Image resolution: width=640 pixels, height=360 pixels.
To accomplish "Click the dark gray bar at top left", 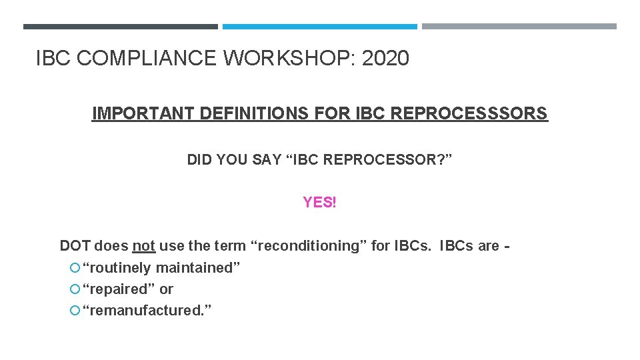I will [x=120, y=27].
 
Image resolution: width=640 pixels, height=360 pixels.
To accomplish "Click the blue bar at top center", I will [x=319, y=27].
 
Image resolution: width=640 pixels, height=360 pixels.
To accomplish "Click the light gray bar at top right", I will [x=519, y=27].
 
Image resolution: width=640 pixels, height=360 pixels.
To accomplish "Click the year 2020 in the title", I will [x=385, y=59].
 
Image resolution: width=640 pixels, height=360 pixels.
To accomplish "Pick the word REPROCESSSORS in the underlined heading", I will [x=469, y=113].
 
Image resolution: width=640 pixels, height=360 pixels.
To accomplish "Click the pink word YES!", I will [x=320, y=202].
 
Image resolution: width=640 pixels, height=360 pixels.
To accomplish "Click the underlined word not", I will [x=143, y=246].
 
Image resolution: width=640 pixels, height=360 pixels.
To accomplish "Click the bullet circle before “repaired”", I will [x=74, y=289].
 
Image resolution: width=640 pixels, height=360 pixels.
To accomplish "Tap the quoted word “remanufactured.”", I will [x=147, y=311].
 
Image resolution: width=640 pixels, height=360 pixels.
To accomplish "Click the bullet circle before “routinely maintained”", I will [x=74, y=268].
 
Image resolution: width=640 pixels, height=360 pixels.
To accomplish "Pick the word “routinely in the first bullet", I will [x=117, y=268].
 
